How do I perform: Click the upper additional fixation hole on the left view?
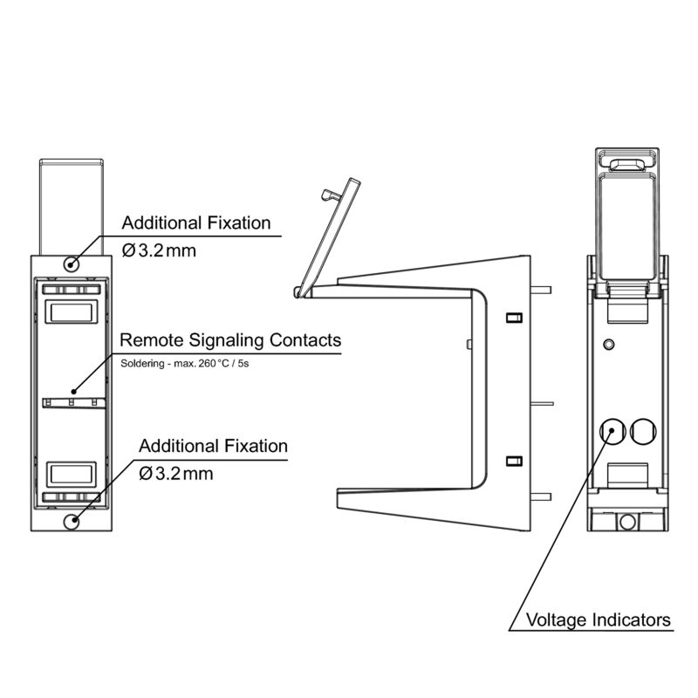(x=72, y=263)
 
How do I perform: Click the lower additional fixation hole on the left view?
(x=72, y=521)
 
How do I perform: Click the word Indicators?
(x=632, y=620)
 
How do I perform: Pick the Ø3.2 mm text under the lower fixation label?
(x=176, y=474)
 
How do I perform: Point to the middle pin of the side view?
(x=543, y=402)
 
